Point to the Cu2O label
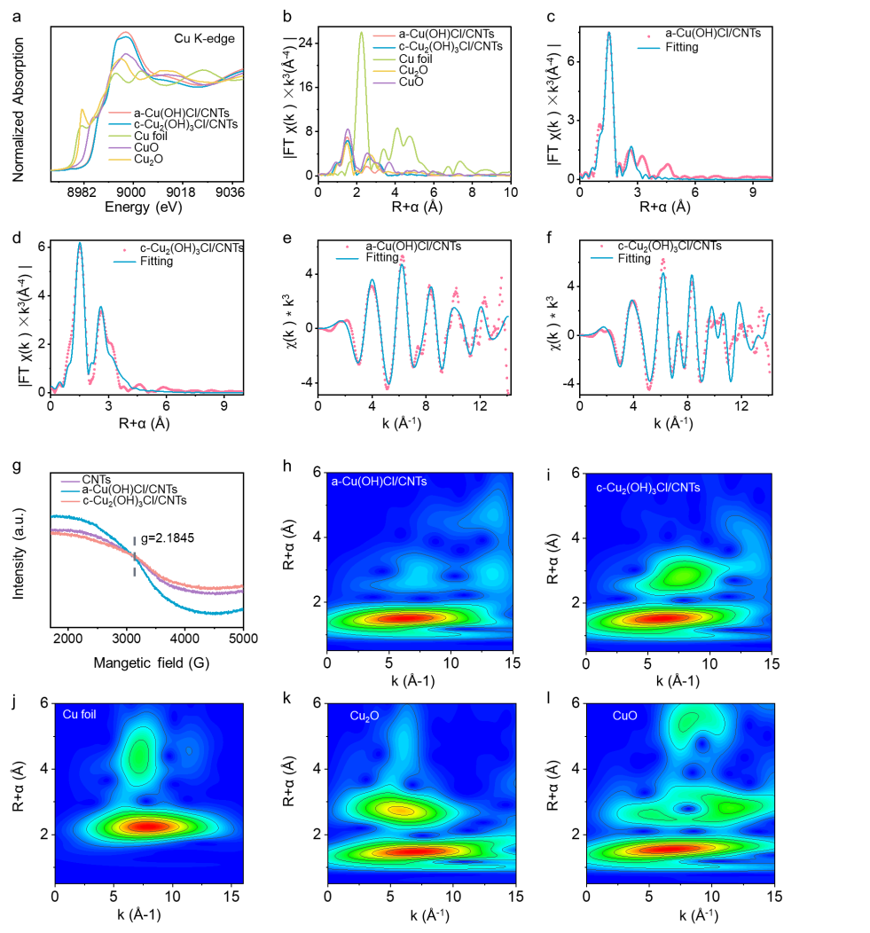364,716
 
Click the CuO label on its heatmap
625,716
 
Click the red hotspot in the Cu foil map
147,826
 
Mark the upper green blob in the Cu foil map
140,756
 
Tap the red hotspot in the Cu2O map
413,851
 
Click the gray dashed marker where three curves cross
135,556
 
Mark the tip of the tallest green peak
362,33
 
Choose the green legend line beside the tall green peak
384,59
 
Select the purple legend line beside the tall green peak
384,82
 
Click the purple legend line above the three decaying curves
71,481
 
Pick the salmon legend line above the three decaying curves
71,501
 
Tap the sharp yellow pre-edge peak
82,111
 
